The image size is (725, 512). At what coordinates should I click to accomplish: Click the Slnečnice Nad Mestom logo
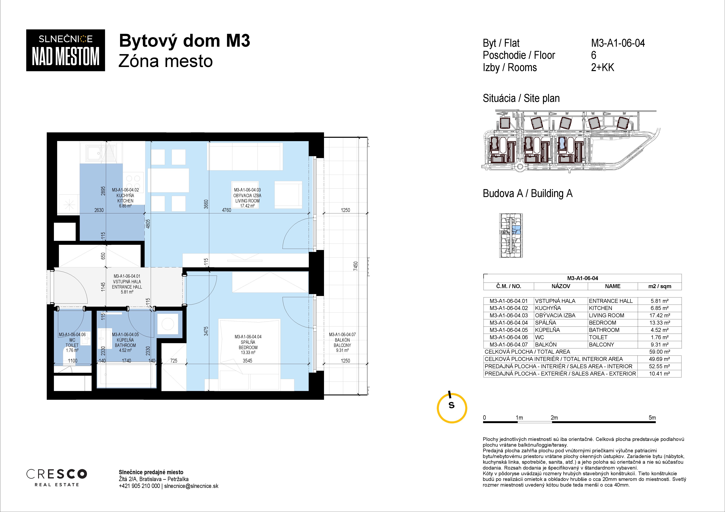65,50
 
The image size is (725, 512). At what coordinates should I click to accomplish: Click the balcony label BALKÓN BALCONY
342,343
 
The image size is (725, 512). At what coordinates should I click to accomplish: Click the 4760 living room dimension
226,210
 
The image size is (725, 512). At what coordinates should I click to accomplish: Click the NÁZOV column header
561,286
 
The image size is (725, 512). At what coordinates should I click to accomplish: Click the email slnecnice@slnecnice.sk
191,486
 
